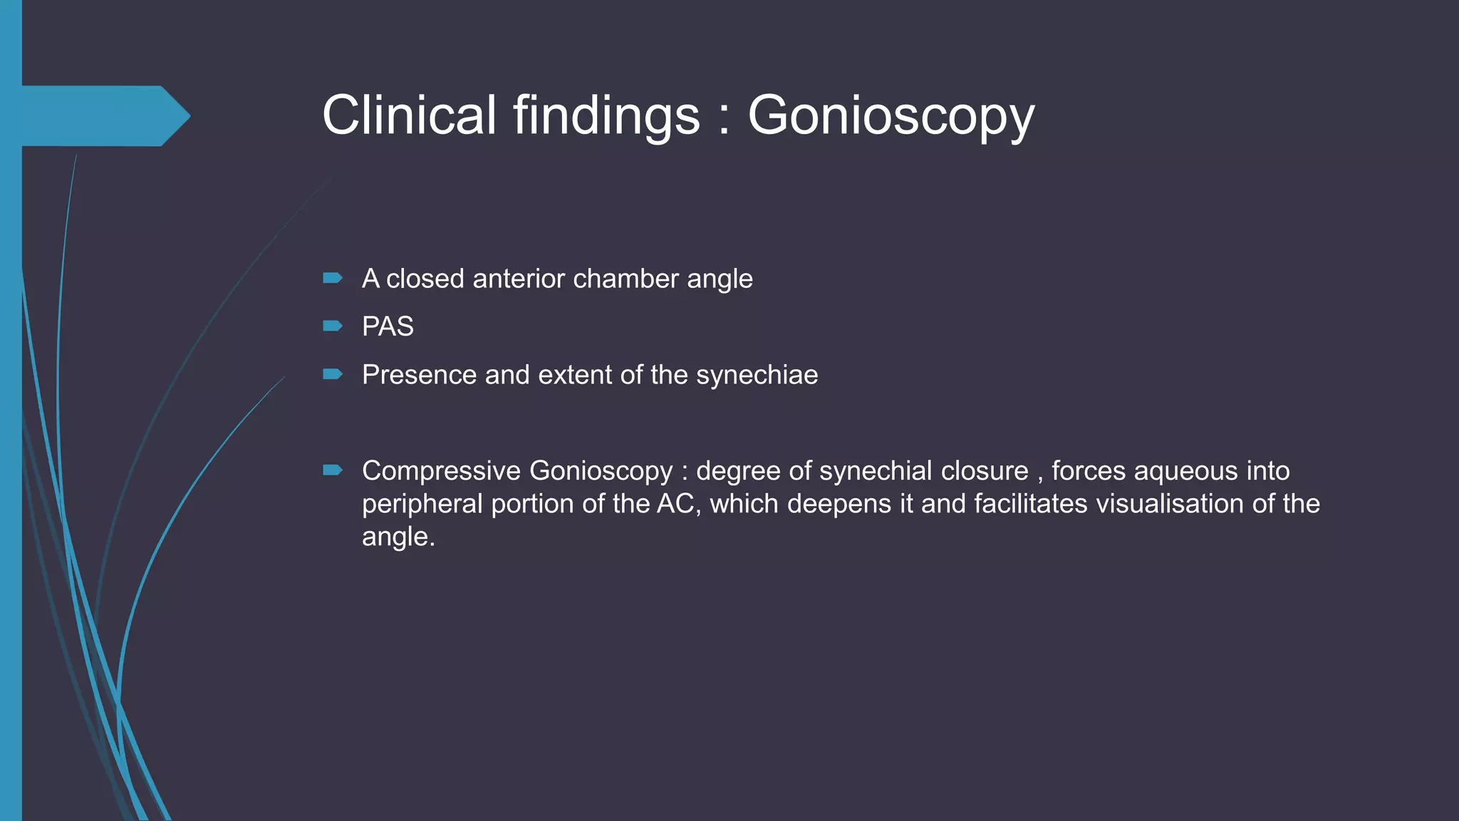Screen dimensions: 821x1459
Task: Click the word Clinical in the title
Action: click(409, 115)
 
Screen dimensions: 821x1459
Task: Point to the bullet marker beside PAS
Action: click(332, 326)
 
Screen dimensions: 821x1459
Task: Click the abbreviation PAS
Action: click(388, 326)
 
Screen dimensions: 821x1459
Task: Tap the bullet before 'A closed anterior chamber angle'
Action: click(332, 278)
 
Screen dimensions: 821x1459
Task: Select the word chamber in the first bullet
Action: click(625, 279)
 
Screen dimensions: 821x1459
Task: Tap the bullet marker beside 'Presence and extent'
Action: click(332, 374)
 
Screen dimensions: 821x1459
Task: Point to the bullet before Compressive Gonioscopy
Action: click(332, 470)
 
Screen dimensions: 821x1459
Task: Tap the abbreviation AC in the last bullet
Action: click(674, 504)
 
